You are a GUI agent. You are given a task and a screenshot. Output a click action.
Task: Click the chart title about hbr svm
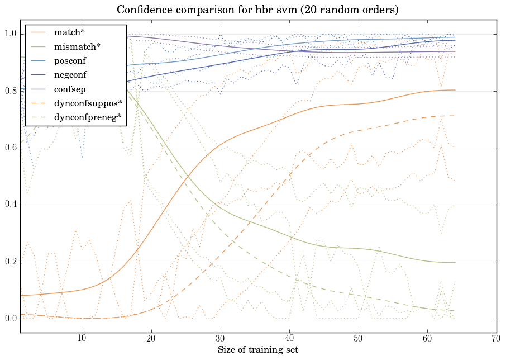tap(257, 10)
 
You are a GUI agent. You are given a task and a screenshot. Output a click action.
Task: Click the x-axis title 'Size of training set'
tap(257, 350)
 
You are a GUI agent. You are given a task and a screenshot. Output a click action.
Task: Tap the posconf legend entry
tap(70, 60)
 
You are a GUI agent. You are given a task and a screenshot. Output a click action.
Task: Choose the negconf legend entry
tap(70, 74)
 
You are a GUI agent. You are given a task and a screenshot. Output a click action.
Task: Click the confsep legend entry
tap(69, 88)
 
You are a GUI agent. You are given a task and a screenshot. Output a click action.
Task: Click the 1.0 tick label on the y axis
tap(11, 35)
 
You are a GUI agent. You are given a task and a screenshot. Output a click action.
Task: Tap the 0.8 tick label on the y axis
tap(11, 91)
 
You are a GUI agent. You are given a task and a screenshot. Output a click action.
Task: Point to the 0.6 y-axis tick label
tap(11, 148)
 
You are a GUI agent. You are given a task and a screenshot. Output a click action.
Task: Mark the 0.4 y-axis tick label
tap(11, 205)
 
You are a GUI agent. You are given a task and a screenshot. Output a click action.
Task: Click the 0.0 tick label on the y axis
tap(11, 319)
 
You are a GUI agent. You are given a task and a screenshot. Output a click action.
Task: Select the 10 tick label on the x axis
tap(82, 338)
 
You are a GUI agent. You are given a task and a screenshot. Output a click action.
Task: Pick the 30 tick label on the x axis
tap(221, 338)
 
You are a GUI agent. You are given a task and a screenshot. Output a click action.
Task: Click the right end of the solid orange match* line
tap(455, 90)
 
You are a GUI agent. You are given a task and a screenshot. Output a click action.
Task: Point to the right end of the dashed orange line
tap(455, 116)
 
